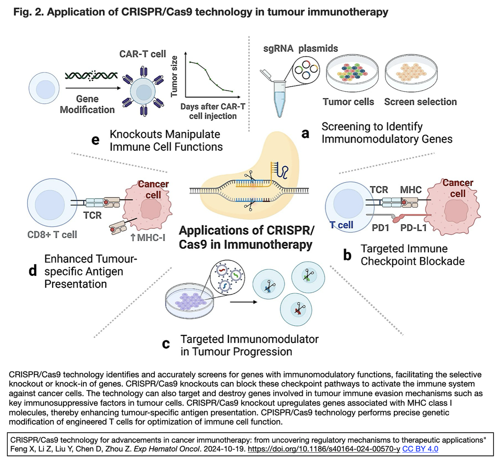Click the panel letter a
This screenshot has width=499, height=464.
[305, 133]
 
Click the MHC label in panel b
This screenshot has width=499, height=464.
[410, 189]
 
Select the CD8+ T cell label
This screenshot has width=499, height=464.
[51, 234]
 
